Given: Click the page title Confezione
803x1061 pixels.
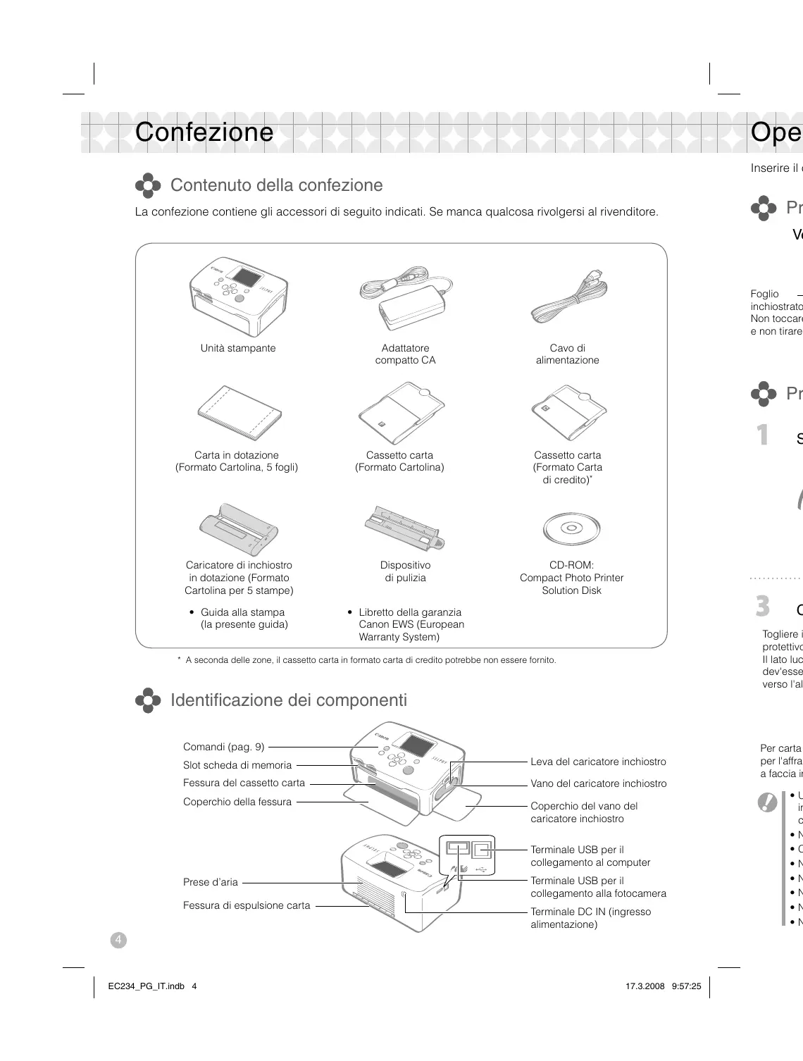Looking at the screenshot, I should tap(204, 132).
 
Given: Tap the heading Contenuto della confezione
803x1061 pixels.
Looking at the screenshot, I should tap(276, 185).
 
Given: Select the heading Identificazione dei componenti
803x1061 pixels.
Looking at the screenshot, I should tap(289, 700).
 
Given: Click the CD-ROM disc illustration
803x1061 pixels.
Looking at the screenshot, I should tap(571, 528).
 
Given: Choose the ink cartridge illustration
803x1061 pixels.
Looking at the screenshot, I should tap(238, 529).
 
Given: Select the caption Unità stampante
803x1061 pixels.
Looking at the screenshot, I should tap(238, 348).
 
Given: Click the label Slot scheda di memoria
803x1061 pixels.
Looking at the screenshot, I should tap(237, 765).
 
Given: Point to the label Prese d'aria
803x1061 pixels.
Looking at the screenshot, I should tap(211, 882).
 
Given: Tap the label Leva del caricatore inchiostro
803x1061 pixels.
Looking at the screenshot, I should tap(598, 762).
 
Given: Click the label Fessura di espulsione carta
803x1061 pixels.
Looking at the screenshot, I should tap(247, 905).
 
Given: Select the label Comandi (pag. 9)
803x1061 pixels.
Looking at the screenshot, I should tap(224, 747).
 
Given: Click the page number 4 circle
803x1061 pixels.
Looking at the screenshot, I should tap(118, 940).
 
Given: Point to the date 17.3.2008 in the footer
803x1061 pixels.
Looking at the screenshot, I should tap(645, 986).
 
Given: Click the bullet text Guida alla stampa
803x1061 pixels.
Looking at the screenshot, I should tap(243, 612).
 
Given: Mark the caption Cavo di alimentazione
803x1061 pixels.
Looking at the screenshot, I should tap(568, 354).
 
